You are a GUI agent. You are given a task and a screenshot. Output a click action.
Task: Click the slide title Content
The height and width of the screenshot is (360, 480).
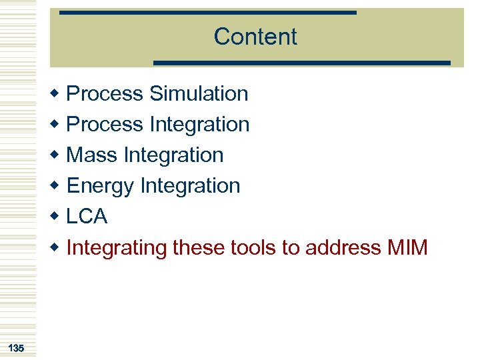coord(255,36)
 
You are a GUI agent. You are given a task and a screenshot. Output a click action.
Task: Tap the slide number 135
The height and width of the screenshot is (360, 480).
coord(17,348)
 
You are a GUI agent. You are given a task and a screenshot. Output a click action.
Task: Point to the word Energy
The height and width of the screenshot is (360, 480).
coord(101,186)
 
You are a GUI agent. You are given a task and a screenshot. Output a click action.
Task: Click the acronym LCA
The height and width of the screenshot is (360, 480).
coord(87,217)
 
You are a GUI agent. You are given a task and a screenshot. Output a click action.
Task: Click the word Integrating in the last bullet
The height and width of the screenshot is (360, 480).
coord(117,248)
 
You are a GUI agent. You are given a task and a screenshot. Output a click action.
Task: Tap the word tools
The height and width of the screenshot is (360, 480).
coord(253,247)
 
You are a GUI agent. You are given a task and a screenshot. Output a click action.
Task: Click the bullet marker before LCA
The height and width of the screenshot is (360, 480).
coord(57,217)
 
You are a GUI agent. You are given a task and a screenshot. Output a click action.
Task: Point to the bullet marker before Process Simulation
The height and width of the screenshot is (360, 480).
coord(57,94)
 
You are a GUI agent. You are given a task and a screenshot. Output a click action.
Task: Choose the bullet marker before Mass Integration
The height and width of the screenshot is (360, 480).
coord(57,155)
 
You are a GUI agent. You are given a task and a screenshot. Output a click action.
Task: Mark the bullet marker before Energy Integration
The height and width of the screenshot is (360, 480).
coord(57,187)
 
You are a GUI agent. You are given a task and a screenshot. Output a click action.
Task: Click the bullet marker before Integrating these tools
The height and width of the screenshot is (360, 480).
coord(57,248)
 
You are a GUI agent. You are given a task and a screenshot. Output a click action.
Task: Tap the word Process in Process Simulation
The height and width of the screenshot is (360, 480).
coord(105,94)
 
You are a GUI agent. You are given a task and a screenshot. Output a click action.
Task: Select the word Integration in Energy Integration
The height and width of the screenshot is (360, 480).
coord(190,186)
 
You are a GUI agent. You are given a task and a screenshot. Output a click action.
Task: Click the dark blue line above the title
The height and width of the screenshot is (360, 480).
coord(207,12)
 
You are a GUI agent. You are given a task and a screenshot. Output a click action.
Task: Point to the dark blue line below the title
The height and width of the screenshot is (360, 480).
coord(302,63)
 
